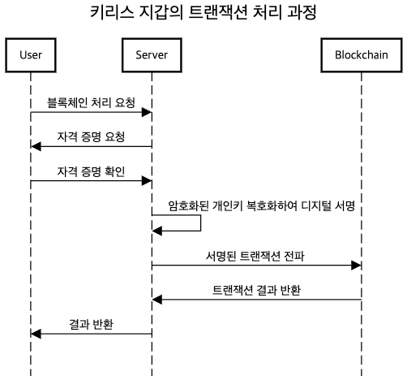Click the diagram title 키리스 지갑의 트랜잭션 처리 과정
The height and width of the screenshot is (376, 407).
[x=203, y=12]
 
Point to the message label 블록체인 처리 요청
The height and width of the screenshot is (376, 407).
[x=91, y=102]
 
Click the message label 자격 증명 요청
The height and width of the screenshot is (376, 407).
[x=91, y=136]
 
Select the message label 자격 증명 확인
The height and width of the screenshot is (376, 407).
[x=91, y=171]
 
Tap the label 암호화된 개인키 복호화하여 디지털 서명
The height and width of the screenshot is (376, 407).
[x=261, y=205]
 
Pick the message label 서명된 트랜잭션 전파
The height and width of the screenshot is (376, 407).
[x=255, y=256]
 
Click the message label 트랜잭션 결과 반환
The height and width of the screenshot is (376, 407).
[x=256, y=290]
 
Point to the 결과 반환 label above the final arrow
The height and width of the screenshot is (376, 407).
[x=91, y=324]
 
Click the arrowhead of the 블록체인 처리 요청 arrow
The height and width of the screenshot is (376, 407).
[x=147, y=112]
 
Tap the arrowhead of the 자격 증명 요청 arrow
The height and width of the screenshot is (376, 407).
[x=36, y=146]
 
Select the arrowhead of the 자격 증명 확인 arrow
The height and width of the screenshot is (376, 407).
[x=147, y=181]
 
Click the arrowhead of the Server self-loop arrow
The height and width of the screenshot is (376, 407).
[x=157, y=231]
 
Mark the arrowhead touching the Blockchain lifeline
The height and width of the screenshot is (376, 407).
[x=356, y=266]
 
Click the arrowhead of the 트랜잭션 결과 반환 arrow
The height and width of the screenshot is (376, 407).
[x=157, y=300]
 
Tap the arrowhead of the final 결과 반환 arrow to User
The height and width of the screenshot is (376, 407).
[x=36, y=334]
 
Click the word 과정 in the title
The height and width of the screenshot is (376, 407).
[x=302, y=12]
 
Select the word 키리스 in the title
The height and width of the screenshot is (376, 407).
[x=112, y=12]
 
